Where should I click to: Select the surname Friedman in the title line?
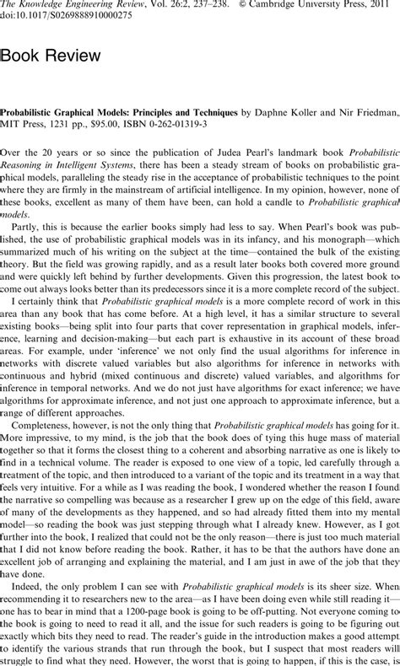pos(371,111)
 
